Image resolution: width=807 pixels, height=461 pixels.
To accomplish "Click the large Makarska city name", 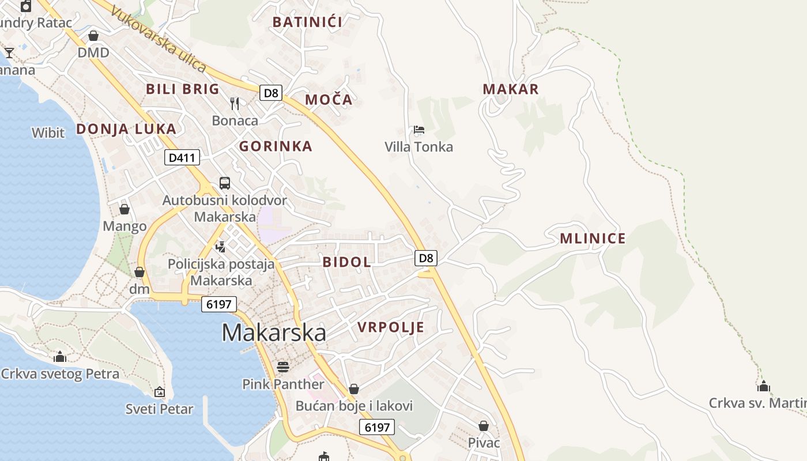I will pyautogui.click(x=274, y=332).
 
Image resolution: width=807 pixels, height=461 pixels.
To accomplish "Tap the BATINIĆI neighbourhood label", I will pyautogui.click(x=307, y=22).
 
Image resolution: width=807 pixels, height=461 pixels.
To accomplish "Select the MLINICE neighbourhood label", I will pyautogui.click(x=593, y=239).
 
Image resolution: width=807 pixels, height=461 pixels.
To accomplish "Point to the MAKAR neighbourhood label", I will pyautogui.click(x=511, y=89).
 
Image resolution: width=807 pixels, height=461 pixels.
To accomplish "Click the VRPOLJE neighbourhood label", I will pyautogui.click(x=391, y=327).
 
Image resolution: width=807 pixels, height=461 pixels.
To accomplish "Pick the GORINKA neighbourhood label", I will pyautogui.click(x=276, y=146).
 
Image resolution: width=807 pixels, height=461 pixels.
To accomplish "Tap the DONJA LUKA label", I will pyautogui.click(x=126, y=129).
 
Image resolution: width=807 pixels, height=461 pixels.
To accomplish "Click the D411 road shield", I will pyautogui.click(x=182, y=157).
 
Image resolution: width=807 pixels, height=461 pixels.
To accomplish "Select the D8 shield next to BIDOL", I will pyautogui.click(x=425, y=258).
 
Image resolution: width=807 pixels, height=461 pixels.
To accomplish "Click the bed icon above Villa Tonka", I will pyautogui.click(x=419, y=130).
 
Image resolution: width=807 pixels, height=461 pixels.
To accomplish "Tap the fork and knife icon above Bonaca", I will pyautogui.click(x=235, y=104).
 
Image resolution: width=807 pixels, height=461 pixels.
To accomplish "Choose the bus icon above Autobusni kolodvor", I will pyautogui.click(x=225, y=183).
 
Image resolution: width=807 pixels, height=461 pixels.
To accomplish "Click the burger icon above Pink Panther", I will pyautogui.click(x=282, y=366).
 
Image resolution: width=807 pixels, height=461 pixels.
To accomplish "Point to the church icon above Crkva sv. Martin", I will pyautogui.click(x=764, y=386).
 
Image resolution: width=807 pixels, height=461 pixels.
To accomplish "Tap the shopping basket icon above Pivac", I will pyautogui.click(x=484, y=426).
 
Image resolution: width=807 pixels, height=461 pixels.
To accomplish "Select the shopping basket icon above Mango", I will pyautogui.click(x=125, y=209).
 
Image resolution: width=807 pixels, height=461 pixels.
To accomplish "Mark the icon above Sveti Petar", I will pyautogui.click(x=160, y=392).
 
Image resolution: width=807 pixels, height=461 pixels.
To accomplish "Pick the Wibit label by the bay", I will pyautogui.click(x=48, y=133).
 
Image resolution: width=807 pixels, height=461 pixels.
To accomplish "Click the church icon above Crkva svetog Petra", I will pyautogui.click(x=60, y=357).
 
